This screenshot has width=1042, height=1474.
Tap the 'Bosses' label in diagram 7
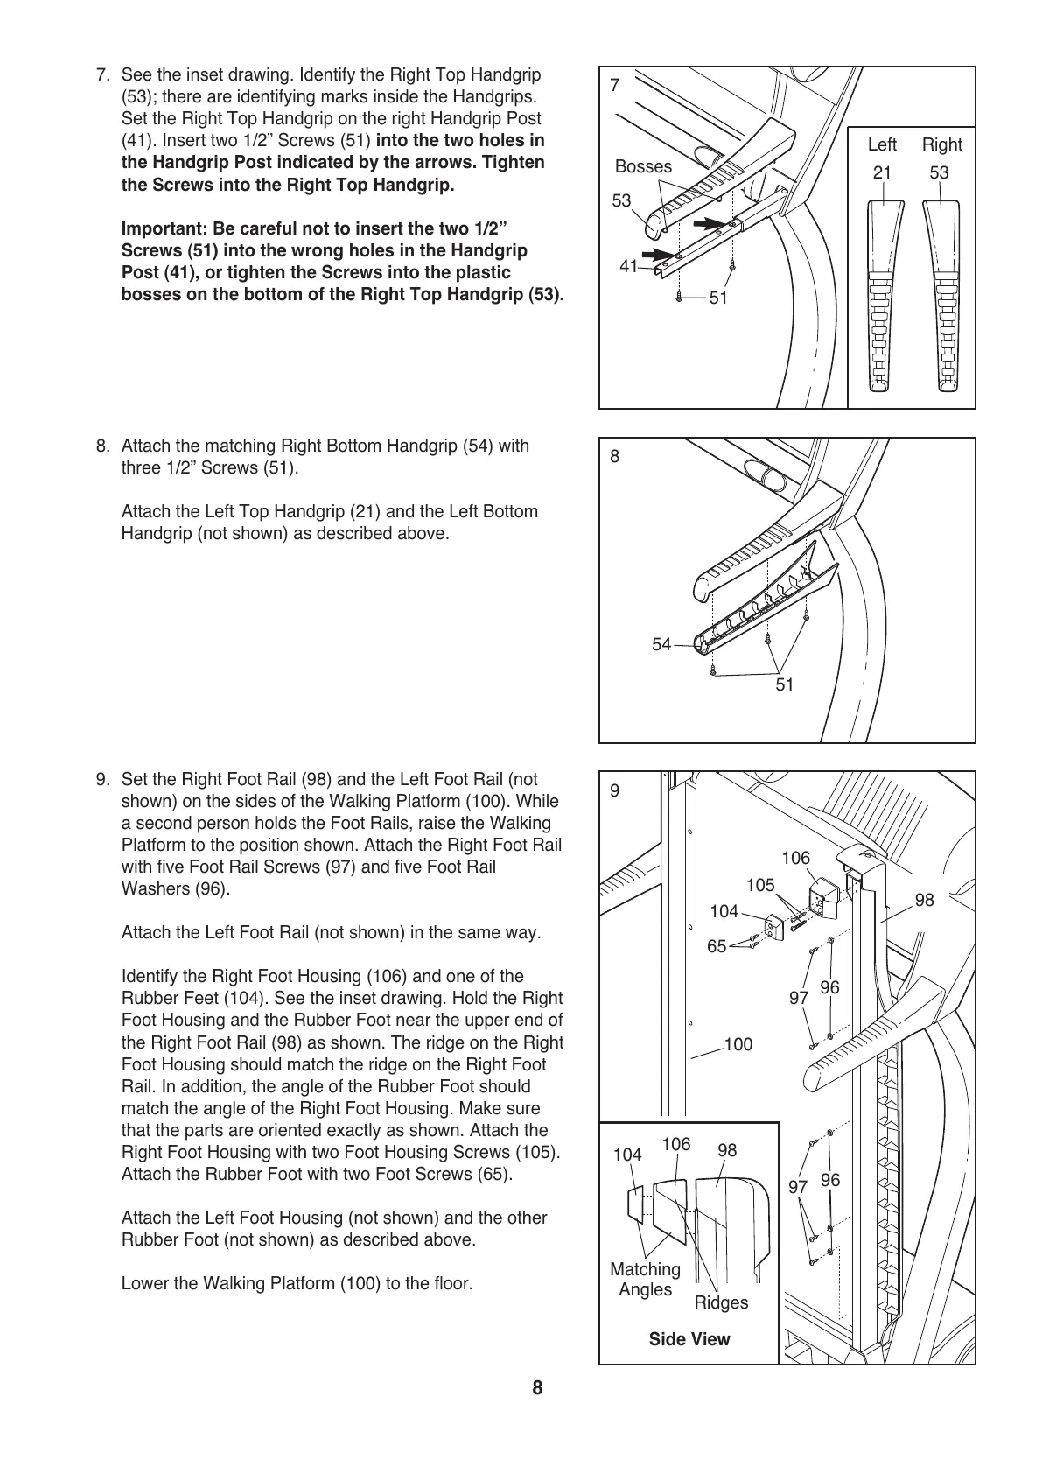pyautogui.click(x=643, y=166)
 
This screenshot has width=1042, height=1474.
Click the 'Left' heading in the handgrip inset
pyautogui.click(x=882, y=144)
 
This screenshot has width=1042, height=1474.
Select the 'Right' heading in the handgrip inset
pyautogui.click(x=941, y=144)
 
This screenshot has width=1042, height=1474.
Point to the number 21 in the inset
pyautogui.click(x=882, y=172)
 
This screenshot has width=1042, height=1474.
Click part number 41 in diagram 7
pyautogui.click(x=628, y=267)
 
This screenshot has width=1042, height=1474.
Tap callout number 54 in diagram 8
pyautogui.click(x=661, y=644)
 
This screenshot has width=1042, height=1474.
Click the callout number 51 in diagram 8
pyautogui.click(x=785, y=684)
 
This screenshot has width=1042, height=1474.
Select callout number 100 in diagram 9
pyautogui.click(x=738, y=1044)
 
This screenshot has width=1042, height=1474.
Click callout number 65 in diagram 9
pyautogui.click(x=717, y=946)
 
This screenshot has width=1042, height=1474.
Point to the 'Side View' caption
pyautogui.click(x=689, y=1339)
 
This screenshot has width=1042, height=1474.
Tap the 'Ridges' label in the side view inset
pyautogui.click(x=721, y=1302)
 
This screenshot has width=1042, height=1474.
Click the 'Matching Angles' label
pyautogui.click(x=645, y=1279)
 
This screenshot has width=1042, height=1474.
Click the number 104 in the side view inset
pyautogui.click(x=627, y=1155)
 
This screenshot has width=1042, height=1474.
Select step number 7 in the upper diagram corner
pyautogui.click(x=615, y=85)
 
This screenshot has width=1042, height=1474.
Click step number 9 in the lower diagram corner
pyautogui.click(x=615, y=790)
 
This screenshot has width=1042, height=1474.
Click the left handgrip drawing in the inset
pyautogui.click(x=883, y=293)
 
